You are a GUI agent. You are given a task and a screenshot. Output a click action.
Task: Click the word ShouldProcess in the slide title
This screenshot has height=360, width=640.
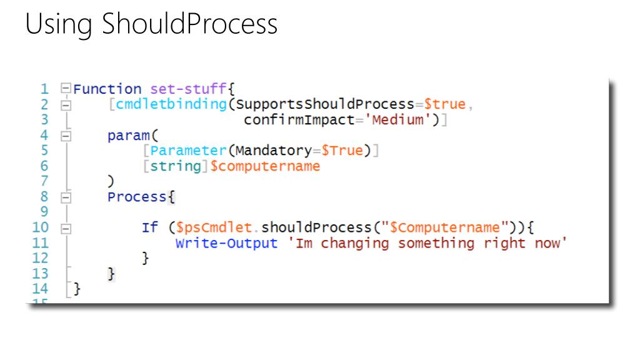click(189, 24)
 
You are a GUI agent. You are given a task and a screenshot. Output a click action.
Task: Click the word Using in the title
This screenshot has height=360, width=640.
click(60, 24)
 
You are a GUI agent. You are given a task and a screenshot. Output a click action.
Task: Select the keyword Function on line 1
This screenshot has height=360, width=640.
click(107, 89)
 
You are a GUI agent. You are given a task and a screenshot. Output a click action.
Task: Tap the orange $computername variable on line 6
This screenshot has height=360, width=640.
click(265, 166)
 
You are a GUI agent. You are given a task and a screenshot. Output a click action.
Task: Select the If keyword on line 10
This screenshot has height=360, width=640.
click(150, 227)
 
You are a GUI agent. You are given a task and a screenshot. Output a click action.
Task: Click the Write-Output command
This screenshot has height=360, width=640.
click(226, 243)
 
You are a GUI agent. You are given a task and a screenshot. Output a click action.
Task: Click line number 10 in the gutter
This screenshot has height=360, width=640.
click(40, 227)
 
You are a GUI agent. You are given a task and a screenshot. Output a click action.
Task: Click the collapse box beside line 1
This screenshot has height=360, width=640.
click(66, 89)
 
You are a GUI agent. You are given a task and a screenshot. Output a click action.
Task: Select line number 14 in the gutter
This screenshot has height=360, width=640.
click(40, 289)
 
